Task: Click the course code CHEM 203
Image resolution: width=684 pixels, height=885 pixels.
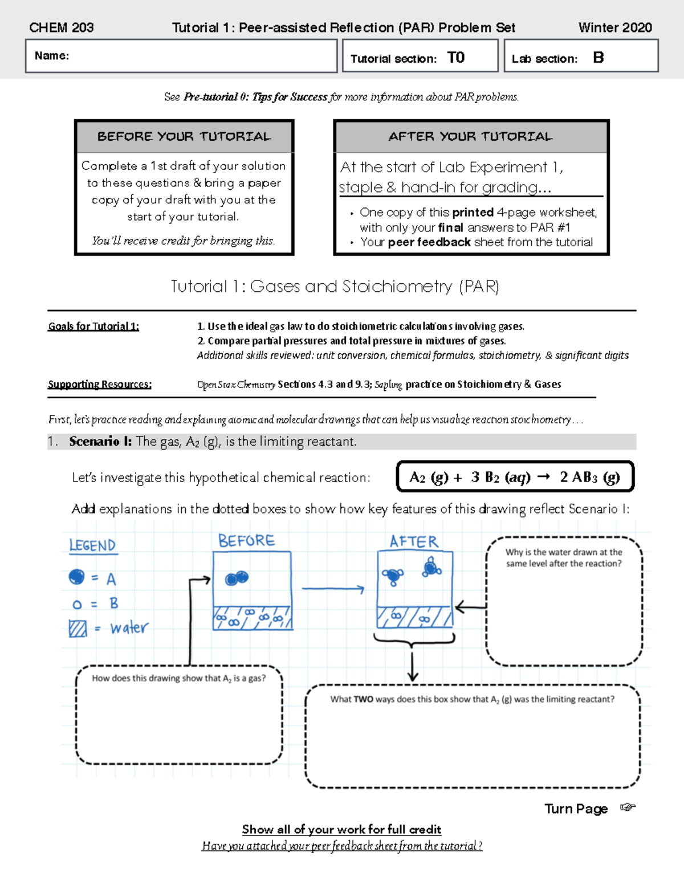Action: (61, 27)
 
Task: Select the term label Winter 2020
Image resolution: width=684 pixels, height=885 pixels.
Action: (614, 27)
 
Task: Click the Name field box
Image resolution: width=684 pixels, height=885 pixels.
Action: (181, 56)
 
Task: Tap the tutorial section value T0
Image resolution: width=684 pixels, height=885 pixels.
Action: (455, 58)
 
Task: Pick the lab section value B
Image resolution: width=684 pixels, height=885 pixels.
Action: (598, 58)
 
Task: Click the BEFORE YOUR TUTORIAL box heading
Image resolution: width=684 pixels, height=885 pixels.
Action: (184, 137)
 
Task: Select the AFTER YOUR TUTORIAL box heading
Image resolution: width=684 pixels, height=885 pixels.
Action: (471, 137)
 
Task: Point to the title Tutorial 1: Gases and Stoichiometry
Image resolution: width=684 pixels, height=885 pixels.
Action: (335, 286)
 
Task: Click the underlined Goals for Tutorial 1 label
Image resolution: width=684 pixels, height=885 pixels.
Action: (93, 327)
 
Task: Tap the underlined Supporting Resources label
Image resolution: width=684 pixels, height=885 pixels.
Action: (100, 384)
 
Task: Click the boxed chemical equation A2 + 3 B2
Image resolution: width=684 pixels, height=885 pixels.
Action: (515, 477)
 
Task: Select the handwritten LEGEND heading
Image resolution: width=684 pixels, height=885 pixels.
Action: (92, 545)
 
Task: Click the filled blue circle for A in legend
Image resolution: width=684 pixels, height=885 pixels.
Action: (76, 577)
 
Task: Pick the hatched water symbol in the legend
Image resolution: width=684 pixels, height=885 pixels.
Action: (78, 628)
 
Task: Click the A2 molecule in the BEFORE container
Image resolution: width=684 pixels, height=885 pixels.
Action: (237, 578)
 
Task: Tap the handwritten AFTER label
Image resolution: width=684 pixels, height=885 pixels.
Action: (414, 541)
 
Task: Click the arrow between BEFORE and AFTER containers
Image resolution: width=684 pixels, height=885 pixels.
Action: (333, 589)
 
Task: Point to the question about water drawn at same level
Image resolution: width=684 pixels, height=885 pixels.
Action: (564, 558)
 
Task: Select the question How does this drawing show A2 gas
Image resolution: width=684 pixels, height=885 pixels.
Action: (178, 678)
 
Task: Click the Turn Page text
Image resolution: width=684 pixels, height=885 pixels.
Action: (576, 809)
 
